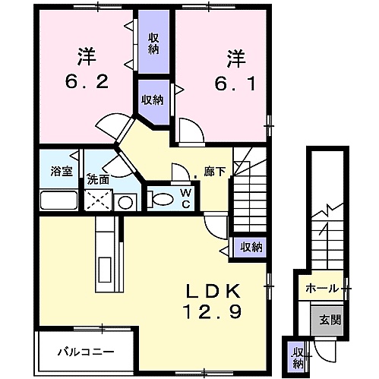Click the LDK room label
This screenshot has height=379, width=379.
click(x=213, y=292)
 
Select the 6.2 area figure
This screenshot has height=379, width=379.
click(x=87, y=81)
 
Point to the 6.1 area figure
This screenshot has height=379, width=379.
click(x=235, y=84)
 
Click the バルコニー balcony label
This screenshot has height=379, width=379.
click(x=86, y=352)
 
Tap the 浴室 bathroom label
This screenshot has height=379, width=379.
click(x=62, y=172)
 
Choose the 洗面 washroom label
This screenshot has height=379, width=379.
click(x=98, y=179)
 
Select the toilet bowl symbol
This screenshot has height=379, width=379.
click(x=160, y=199)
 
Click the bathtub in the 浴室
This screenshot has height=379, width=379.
click(x=58, y=200)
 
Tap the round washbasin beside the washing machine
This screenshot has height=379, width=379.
click(x=125, y=203)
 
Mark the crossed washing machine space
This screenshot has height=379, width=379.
click(x=98, y=200)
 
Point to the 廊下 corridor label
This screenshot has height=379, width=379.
click(x=215, y=172)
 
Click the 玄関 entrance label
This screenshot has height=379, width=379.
click(x=330, y=321)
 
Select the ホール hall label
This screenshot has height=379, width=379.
click(x=322, y=289)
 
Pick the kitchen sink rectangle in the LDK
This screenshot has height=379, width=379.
click(x=105, y=270)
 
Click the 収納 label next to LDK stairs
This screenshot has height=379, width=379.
click(x=251, y=247)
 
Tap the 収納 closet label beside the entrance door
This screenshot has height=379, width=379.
click(x=298, y=358)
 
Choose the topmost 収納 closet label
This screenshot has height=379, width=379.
click(x=153, y=44)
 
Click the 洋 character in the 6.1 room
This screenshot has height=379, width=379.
click(x=236, y=59)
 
